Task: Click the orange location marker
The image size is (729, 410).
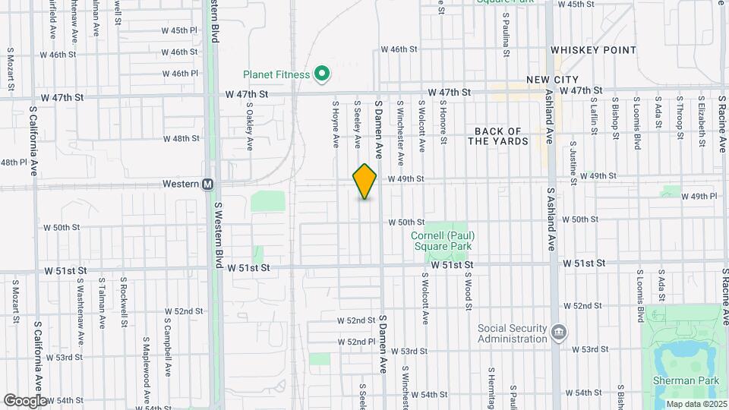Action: pyautogui.click(x=364, y=181)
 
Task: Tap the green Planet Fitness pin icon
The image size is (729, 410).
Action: pyautogui.click(x=322, y=74)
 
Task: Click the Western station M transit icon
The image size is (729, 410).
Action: pyautogui.click(x=207, y=184)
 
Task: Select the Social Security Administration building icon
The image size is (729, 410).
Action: pyautogui.click(x=559, y=332)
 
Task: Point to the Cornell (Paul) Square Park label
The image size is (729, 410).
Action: pyautogui.click(x=441, y=241)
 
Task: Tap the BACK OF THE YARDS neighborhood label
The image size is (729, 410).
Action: pyautogui.click(x=498, y=137)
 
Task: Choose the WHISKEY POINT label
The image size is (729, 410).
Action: pyautogui.click(x=593, y=50)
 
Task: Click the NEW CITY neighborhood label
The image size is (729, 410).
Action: pyautogui.click(x=553, y=80)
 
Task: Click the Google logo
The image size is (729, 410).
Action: pyautogui.click(x=25, y=400)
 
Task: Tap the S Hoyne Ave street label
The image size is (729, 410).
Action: pyautogui.click(x=335, y=121)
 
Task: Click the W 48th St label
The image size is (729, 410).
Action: pyautogui.click(x=181, y=139)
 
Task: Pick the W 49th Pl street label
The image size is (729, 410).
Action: pyautogui.click(x=699, y=196)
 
